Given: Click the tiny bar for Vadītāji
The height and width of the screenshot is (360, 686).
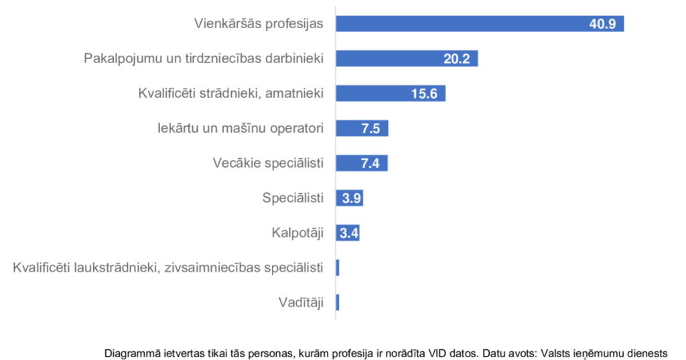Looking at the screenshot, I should [338, 302].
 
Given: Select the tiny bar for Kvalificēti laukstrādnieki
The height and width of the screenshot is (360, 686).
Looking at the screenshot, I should [338, 267].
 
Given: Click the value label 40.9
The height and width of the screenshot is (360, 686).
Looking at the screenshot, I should [605, 24].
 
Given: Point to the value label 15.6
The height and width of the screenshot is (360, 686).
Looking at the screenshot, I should [424, 94].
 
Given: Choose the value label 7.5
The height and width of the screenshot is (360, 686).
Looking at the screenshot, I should [370, 129].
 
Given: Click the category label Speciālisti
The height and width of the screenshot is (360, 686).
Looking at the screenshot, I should [293, 198].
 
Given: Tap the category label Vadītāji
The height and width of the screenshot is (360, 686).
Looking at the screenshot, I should [301, 302].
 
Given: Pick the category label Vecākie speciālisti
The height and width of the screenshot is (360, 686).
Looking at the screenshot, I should [267, 163].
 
